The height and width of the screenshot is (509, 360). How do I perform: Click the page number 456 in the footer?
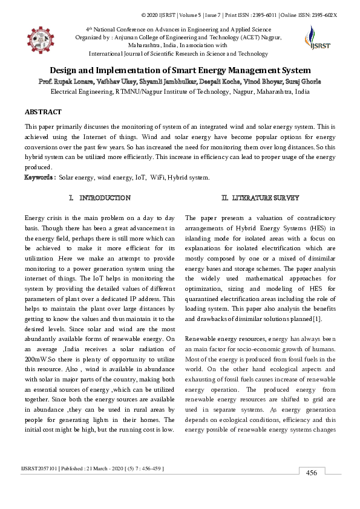click(x=312, y=472)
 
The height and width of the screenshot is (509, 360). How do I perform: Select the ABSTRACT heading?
click(x=43, y=112)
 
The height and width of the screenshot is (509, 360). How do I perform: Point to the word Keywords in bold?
click(x=39, y=178)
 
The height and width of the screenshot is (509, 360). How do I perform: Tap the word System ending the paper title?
click(x=293, y=71)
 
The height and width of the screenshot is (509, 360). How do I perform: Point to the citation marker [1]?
click(x=316, y=318)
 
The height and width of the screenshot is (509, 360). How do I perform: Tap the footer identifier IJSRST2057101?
click(x=41, y=468)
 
